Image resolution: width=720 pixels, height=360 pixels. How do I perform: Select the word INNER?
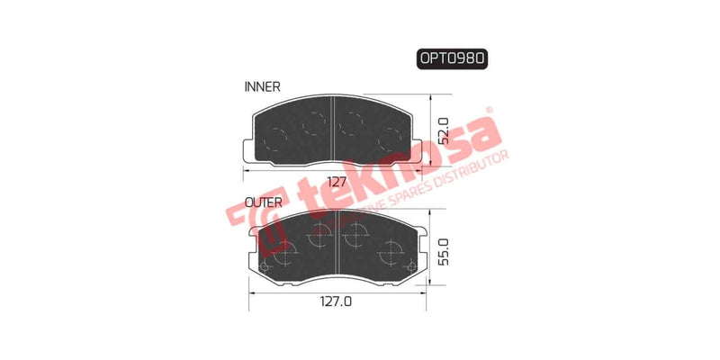[x=263, y=87]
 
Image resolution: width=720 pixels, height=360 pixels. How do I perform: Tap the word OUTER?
[x=265, y=203]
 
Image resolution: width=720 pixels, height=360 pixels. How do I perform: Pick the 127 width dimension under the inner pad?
[x=336, y=181]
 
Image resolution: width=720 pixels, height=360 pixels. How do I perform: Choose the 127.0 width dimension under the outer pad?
[x=336, y=303]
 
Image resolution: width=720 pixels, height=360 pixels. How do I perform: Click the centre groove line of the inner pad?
[x=334, y=130]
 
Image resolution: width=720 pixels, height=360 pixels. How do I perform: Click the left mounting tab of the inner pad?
[x=249, y=149]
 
